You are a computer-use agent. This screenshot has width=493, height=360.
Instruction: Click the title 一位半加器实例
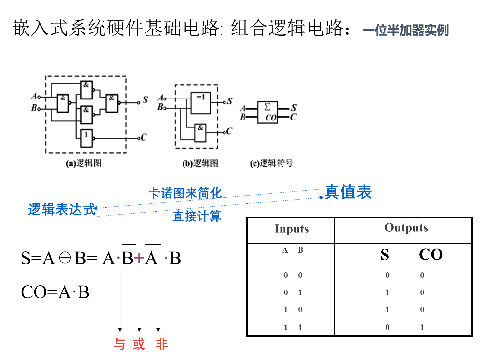pos(406,30)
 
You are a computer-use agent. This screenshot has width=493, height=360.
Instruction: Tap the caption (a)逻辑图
pos(83,163)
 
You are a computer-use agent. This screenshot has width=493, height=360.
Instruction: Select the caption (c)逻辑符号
pos(271,163)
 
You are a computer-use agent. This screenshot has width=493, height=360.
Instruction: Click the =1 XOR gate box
pos(201,103)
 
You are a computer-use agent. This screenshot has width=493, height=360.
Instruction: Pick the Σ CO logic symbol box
pos(268,112)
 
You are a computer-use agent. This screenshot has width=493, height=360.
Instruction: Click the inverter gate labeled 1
pos(86,138)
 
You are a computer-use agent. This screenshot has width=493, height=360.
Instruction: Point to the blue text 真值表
pos(348,192)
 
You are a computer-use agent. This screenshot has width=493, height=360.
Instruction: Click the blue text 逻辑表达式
pos(62,209)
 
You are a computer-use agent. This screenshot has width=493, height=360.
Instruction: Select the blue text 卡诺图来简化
pos(185,193)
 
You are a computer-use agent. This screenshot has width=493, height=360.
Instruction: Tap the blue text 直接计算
pos(196,216)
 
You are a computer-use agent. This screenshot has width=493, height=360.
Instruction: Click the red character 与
pos(120,344)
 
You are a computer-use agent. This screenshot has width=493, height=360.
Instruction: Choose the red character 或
pos(139,344)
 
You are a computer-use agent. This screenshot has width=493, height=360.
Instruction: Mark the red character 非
pos(162,344)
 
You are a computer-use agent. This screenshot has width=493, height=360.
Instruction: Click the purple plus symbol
pos(139,258)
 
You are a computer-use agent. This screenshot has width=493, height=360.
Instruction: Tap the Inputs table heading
pos(292,229)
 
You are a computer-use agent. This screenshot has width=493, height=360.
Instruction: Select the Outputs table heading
pos(406,228)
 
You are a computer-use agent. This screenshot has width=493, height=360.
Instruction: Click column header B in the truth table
pos(300,250)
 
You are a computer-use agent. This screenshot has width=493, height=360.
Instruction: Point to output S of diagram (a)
pos(145,100)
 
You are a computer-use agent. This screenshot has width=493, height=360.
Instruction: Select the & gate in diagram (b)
pos(200,133)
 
